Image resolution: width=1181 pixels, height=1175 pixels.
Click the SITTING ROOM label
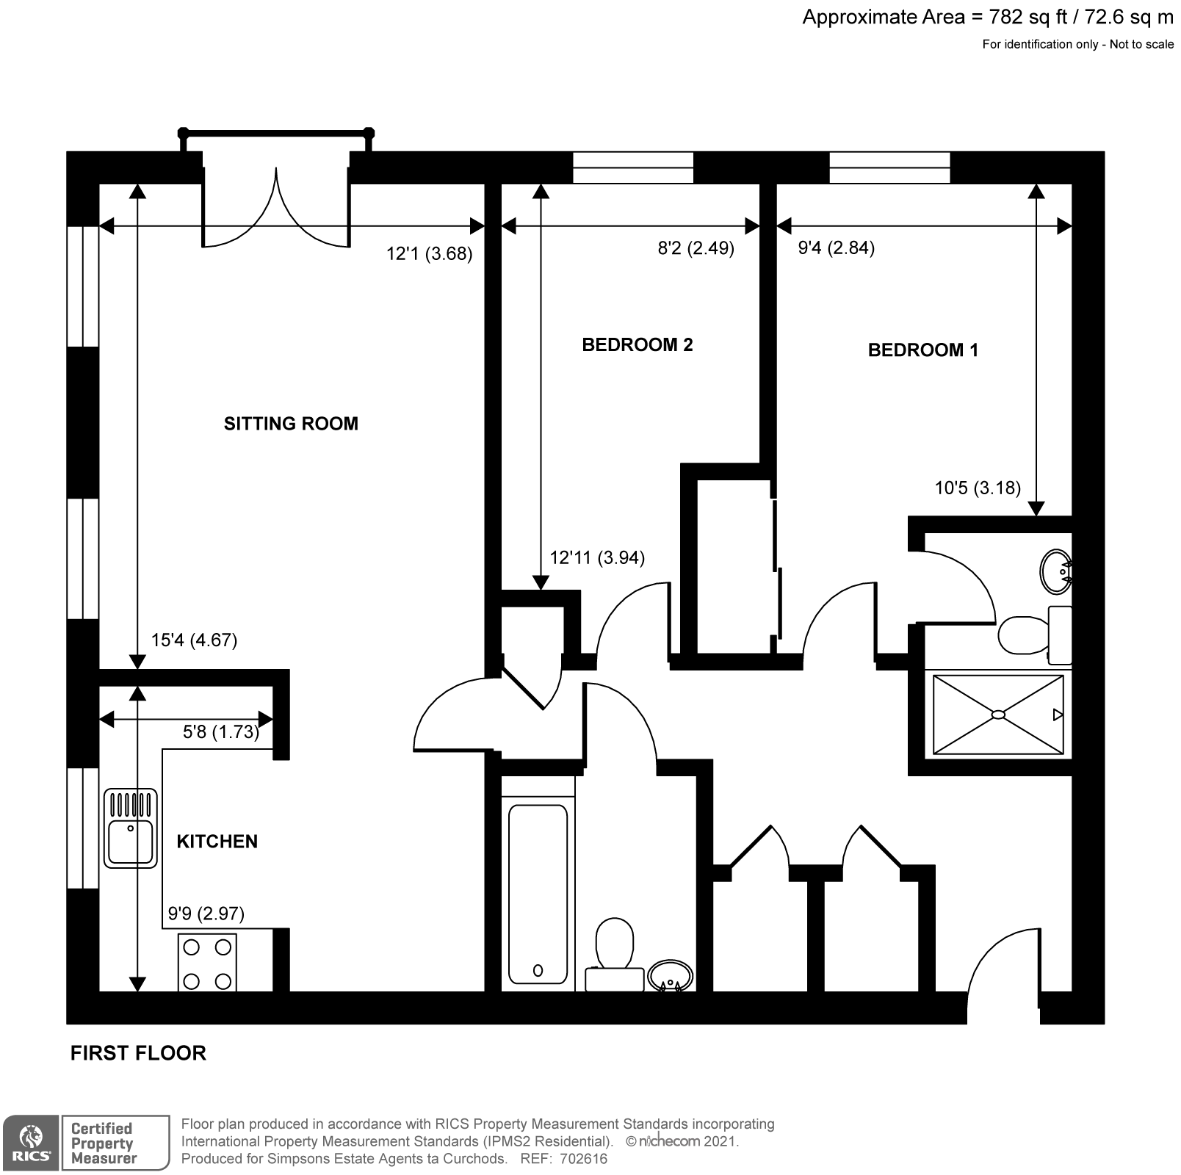coord(291,424)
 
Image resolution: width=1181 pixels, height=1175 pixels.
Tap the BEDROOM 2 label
coord(637,345)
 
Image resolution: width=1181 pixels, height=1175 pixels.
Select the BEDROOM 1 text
coord(922,350)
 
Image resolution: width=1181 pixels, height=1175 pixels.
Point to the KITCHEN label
coord(217,842)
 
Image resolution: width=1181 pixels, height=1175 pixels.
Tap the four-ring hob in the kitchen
coord(207,962)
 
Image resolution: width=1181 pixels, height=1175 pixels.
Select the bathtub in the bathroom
coord(538,894)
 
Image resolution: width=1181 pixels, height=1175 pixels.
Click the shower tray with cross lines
coord(997,715)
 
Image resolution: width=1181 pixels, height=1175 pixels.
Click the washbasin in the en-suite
coord(1055,571)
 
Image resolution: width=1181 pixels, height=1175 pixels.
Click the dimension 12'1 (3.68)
coord(429,254)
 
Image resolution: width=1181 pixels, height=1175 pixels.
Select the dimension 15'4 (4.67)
coord(194,640)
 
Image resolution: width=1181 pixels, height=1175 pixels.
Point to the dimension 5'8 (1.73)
coord(220,732)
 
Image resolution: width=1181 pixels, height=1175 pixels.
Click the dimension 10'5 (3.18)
coord(977,488)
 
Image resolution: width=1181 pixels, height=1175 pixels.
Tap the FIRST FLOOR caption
coord(138,1053)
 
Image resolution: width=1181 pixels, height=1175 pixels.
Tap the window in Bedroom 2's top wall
coord(632,167)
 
